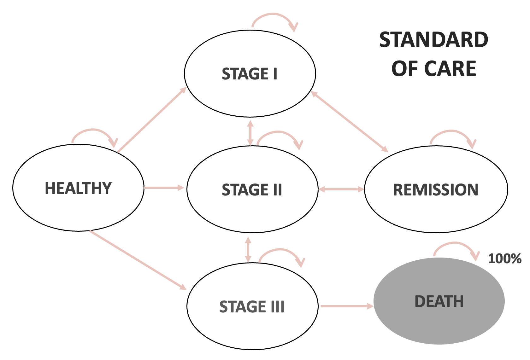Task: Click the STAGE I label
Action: pos(250,74)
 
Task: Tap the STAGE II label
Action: pos(252,189)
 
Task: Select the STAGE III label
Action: pos(252,306)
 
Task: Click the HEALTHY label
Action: pos(78,188)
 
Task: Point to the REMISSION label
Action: pos(436,189)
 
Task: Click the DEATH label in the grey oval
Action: pos(439,301)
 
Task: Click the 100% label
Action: pos(504,259)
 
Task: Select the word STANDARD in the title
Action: pos(434,40)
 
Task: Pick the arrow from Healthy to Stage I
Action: pos(152,120)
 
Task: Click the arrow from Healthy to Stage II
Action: pos(164,188)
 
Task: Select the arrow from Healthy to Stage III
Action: pos(138,260)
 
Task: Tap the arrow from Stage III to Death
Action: pos(346,306)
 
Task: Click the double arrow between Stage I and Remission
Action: pos(350,122)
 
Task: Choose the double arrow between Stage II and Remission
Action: pos(341,189)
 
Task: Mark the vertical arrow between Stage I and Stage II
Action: pos(250,132)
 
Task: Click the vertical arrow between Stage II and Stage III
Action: pos(248,249)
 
